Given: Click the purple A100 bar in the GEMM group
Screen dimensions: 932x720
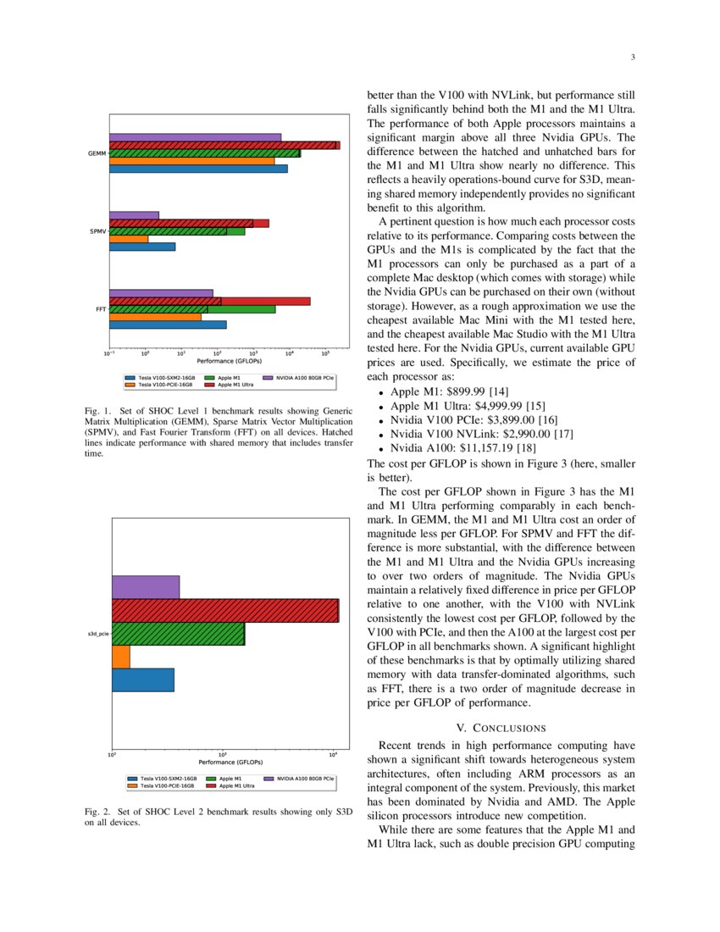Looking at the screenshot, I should click(195, 137).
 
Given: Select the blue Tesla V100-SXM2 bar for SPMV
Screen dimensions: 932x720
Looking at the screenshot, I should click(142, 247).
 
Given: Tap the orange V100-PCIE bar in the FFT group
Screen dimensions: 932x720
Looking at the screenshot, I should click(156, 317).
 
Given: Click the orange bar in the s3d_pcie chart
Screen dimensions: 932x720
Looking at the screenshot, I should click(121, 657).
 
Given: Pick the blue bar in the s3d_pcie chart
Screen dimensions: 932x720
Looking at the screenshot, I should click(143, 680).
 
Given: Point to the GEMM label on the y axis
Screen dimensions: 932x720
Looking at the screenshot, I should click(97, 153).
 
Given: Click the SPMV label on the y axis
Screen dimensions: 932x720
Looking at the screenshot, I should click(97, 231).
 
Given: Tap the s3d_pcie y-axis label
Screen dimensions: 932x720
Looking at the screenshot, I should click(97, 634).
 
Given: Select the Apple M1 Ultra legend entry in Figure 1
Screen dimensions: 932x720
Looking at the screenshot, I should click(236, 384).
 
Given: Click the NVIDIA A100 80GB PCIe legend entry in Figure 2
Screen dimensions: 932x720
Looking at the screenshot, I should click(306, 778).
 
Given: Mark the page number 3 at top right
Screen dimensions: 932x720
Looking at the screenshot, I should click(633, 58).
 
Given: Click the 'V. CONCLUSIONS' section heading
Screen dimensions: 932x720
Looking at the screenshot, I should click(500, 728).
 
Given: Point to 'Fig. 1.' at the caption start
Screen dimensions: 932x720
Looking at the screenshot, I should click(98, 413).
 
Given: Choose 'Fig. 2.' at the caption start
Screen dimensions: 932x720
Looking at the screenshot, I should click(98, 812).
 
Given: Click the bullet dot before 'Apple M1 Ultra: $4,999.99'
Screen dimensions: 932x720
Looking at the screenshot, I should click(383, 407).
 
